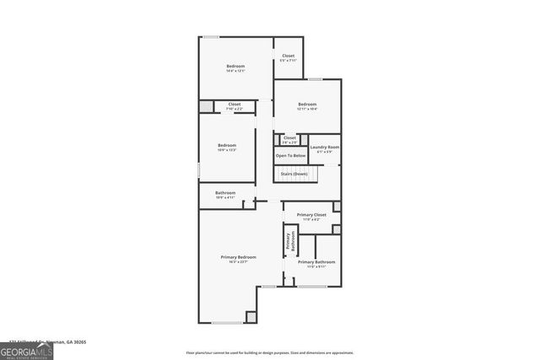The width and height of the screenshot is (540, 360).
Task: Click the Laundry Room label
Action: tap(324, 148)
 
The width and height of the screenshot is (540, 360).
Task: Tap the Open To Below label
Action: tap(289, 156)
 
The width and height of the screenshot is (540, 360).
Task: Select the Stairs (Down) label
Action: tap(294, 174)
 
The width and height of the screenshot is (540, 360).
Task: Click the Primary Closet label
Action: tap(311, 215)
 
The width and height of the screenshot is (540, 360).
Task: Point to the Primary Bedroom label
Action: tap(239, 257)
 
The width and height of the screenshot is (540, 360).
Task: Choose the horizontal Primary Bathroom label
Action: tap(316, 261)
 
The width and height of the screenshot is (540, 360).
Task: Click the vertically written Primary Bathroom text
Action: tap(289, 241)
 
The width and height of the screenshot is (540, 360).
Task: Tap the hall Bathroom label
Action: tap(225, 193)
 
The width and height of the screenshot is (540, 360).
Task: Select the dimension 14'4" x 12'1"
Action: tap(235, 71)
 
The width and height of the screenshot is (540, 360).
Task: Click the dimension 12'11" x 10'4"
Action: tap(306, 110)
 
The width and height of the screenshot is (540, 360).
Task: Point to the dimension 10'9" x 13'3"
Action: tap(226, 150)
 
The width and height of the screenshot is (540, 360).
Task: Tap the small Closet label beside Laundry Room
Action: tap(289, 137)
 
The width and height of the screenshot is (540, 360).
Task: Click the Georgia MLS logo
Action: tap(26, 350)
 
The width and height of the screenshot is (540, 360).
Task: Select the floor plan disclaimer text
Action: tap(270, 353)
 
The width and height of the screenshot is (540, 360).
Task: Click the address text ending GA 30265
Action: tap(47, 342)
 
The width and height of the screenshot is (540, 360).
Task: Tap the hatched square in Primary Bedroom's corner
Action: tap(251, 317)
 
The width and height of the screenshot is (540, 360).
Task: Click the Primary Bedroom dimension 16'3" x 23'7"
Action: tap(239, 262)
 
